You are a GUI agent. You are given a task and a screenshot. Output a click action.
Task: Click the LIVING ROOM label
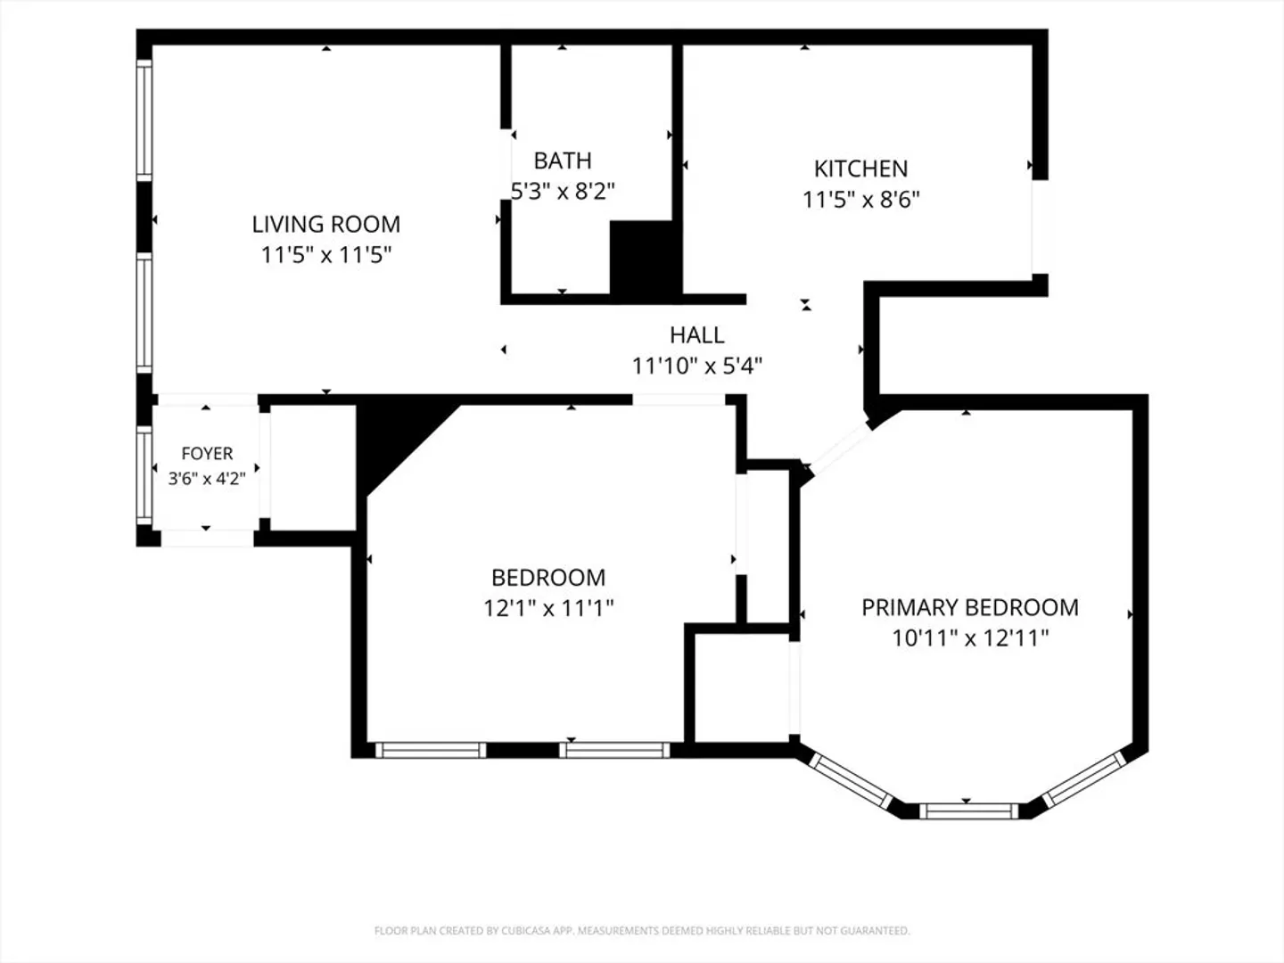(x=325, y=225)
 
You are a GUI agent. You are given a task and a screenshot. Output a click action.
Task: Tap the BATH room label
(x=563, y=160)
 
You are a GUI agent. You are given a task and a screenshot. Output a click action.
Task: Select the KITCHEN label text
(x=861, y=169)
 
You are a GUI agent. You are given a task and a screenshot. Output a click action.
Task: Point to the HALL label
(x=696, y=335)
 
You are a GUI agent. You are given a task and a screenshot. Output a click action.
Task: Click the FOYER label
(x=207, y=453)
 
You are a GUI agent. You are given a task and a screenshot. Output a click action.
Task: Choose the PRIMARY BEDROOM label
(x=970, y=607)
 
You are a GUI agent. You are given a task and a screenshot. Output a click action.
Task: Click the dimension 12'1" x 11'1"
(x=548, y=609)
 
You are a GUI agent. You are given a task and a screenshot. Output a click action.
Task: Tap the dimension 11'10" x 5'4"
(x=696, y=366)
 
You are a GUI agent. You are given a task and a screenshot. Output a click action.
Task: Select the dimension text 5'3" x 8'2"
(x=563, y=191)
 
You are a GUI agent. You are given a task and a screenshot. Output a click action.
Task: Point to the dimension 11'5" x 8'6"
(x=861, y=200)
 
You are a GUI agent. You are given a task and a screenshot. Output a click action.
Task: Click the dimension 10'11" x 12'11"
(x=970, y=638)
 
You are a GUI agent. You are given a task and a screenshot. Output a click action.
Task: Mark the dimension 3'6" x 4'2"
(x=207, y=479)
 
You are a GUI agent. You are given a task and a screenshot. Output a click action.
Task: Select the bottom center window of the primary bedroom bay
(x=968, y=811)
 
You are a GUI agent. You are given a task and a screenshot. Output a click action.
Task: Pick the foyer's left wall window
(x=144, y=475)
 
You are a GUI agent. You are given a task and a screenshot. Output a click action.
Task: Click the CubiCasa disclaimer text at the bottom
(x=642, y=930)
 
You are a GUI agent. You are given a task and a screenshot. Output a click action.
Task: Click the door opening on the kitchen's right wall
(x=1040, y=226)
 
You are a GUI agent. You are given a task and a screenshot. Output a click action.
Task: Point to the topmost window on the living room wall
(x=144, y=120)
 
